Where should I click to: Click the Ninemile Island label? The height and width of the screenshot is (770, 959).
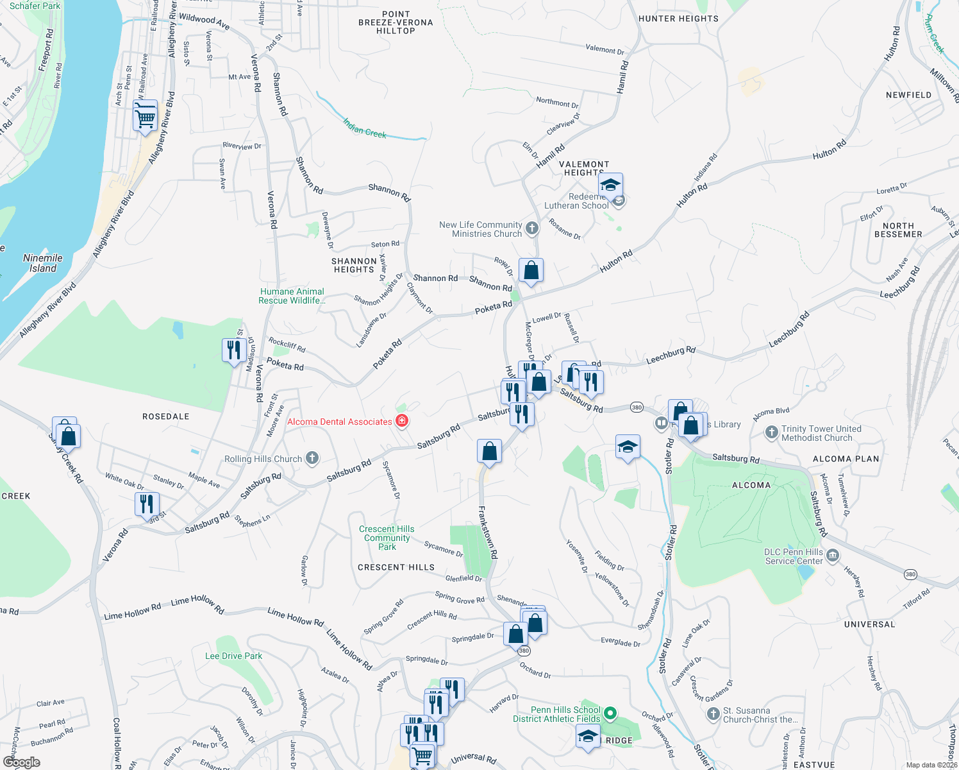[x=43, y=263]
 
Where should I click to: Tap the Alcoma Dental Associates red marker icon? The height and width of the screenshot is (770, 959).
[x=402, y=421]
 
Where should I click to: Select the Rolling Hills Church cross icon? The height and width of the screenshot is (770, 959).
[x=312, y=458]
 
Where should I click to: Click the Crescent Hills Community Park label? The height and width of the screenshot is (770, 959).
[x=387, y=538]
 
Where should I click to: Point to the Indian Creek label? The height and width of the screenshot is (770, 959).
[x=365, y=128]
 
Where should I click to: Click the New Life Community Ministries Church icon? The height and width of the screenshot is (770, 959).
[x=532, y=228]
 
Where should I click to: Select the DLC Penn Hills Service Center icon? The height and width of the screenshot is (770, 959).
[x=832, y=555]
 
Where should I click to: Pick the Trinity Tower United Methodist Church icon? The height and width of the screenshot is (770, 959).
[x=772, y=432]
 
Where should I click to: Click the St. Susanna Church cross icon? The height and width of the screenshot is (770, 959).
[x=713, y=714]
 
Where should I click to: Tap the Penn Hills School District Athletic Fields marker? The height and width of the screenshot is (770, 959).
[x=610, y=712]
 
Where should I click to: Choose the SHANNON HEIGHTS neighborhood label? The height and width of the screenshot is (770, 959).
[x=354, y=265]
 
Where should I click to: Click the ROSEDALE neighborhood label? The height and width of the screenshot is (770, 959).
[x=165, y=416]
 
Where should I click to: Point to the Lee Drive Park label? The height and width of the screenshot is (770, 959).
[x=233, y=656]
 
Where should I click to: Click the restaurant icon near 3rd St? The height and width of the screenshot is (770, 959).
[x=147, y=504]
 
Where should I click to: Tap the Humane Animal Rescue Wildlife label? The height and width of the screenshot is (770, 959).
[x=292, y=296]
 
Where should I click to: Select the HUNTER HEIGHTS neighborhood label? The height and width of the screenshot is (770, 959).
[x=678, y=19]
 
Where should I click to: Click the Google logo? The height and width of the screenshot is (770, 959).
[x=21, y=762]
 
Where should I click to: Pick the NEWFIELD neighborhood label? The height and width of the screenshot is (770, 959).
[x=908, y=95]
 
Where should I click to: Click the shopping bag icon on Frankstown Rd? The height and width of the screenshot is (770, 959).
[x=489, y=450]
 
